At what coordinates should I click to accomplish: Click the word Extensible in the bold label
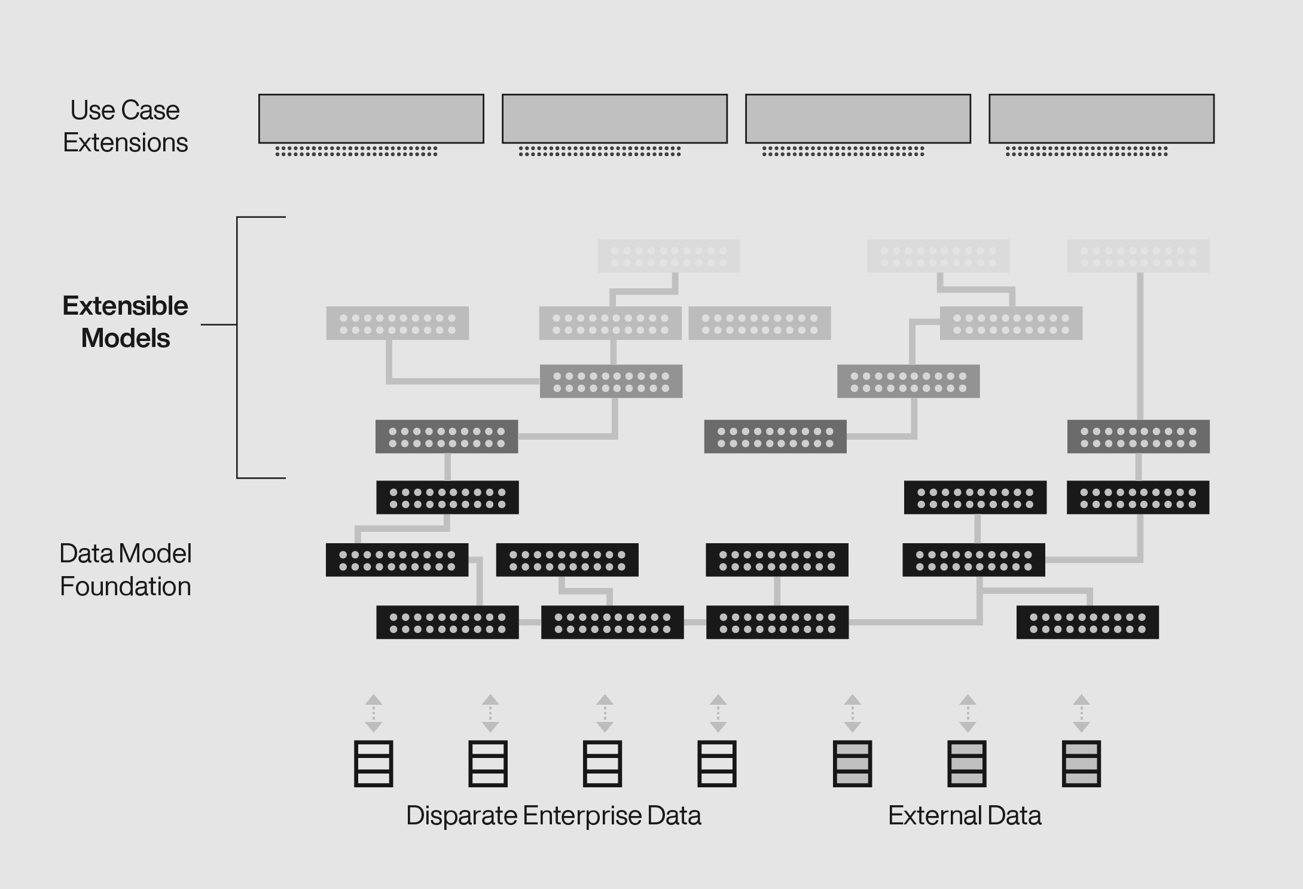point(125,306)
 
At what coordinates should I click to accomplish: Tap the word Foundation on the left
point(126,586)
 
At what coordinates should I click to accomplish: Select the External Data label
point(965,815)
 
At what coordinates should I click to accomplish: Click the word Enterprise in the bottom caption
point(582,816)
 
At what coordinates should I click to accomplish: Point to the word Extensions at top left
point(126,142)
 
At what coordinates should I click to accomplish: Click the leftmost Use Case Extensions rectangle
point(371,118)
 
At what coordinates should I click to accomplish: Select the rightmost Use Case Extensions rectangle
point(1101,118)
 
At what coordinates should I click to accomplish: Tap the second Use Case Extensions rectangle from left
point(615,118)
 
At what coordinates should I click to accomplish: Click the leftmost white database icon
point(373,763)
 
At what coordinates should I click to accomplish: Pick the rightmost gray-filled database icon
point(1081,763)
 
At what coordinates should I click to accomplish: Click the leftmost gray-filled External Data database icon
point(852,763)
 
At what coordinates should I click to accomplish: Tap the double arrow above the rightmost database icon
point(1081,713)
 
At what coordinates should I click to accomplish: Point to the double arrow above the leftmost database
point(374,713)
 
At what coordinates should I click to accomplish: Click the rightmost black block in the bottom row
point(1088,622)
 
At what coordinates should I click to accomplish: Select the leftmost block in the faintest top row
point(669,256)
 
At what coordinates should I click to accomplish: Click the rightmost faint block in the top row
point(1139,256)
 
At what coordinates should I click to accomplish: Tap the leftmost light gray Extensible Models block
point(398,323)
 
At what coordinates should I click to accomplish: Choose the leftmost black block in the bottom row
point(447,622)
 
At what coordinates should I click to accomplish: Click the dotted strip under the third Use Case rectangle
point(843,151)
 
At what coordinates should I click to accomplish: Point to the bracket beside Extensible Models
point(237,347)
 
